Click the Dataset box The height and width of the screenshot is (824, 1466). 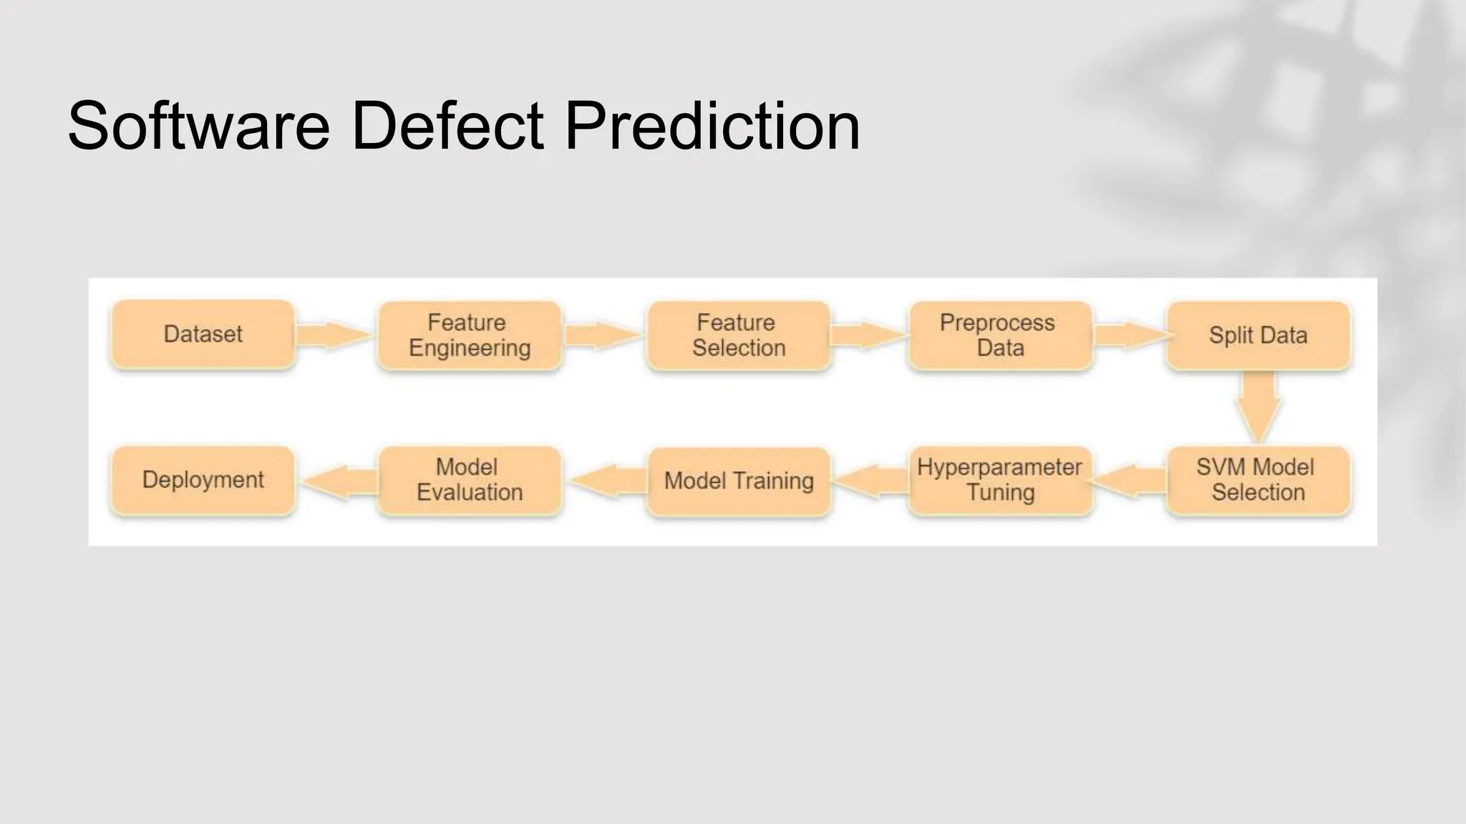pyautogui.click(x=203, y=334)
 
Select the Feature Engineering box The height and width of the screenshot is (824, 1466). pyautogui.click(x=470, y=335)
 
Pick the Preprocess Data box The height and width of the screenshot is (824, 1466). pyautogui.click(x=1000, y=335)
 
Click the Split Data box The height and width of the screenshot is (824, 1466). pyautogui.click(x=1258, y=335)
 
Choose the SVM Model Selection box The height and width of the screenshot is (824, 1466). pyautogui.click(x=1258, y=480)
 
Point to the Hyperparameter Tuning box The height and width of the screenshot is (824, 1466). pyautogui.click(x=1000, y=480)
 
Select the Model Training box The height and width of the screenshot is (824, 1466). pyautogui.click(x=739, y=481)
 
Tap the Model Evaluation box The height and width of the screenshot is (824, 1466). pyautogui.click(x=470, y=480)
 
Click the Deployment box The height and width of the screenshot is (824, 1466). pyautogui.click(x=203, y=480)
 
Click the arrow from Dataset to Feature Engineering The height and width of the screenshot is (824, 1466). pyautogui.click(x=333, y=335)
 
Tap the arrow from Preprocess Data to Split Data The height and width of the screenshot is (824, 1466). pyautogui.click(x=1130, y=335)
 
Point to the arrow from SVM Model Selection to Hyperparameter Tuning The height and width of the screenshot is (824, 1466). pyautogui.click(x=1130, y=481)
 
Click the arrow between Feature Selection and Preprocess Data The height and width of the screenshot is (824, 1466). pyautogui.click(x=868, y=335)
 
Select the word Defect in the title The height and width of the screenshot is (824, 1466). pyautogui.click(x=447, y=127)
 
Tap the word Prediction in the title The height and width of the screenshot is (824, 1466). pyautogui.click(x=712, y=127)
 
